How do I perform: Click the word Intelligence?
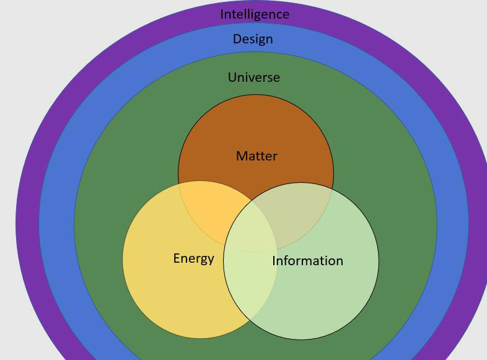255,14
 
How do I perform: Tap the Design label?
253,39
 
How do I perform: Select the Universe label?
254,77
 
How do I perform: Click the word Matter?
257,156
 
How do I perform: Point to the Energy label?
193,258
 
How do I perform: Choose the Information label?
307,261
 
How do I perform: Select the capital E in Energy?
177,258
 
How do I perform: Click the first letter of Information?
274,261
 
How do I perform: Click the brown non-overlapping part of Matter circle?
256,124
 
